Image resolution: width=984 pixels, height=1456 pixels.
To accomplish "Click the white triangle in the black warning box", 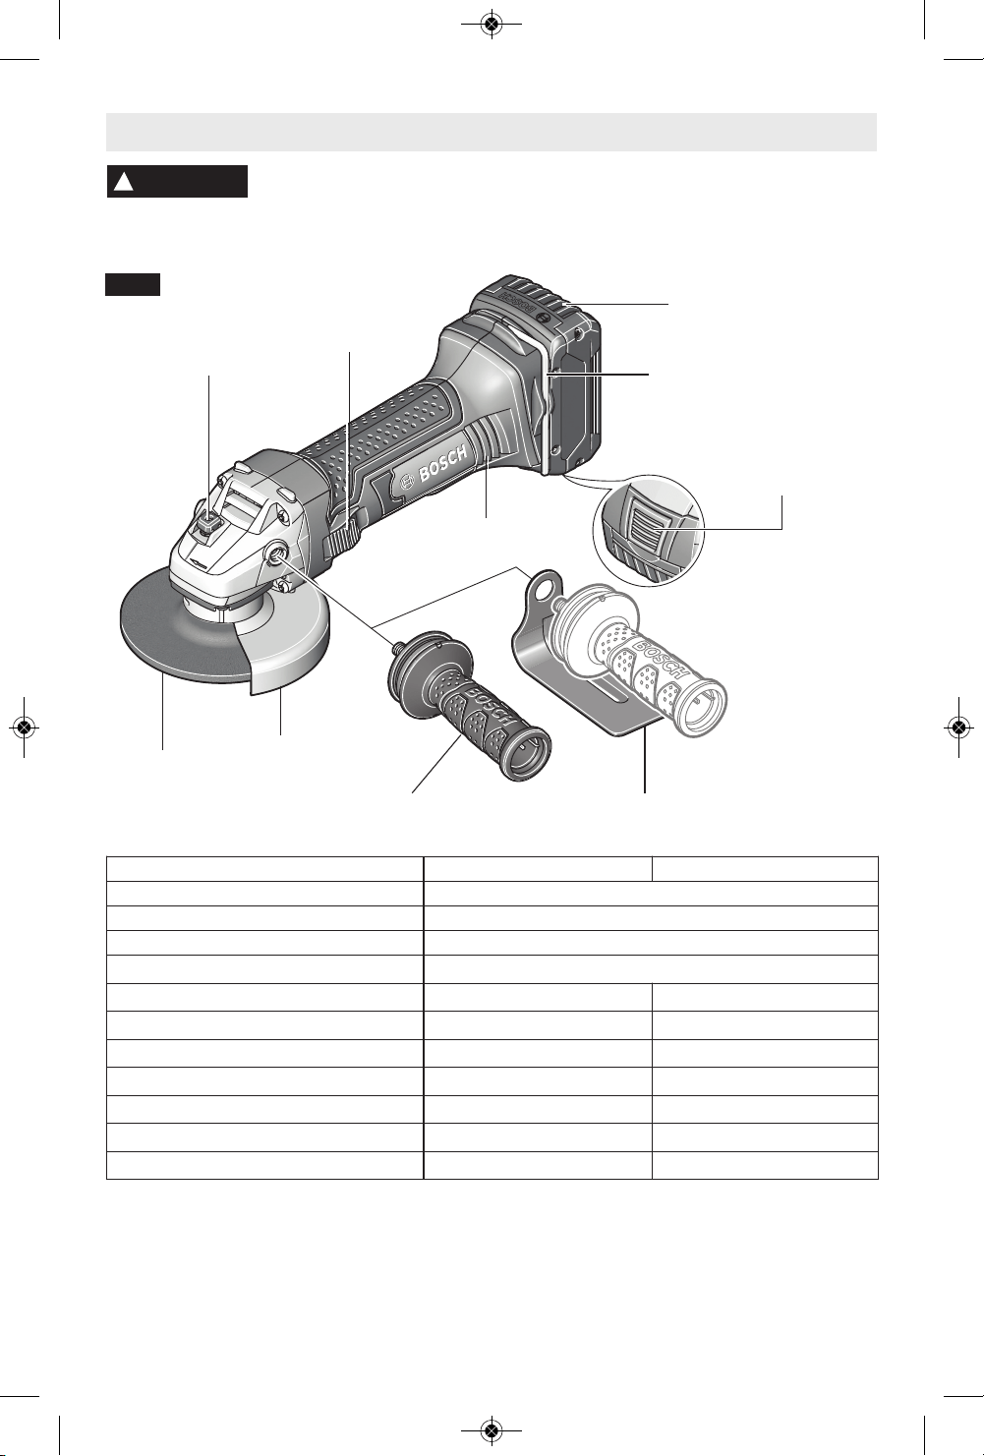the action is (124, 182).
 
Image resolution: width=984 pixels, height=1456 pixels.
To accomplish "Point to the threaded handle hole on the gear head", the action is (275, 552).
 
